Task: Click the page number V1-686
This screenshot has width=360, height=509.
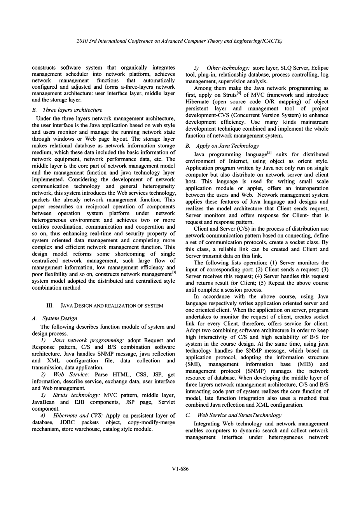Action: click(x=180, y=469)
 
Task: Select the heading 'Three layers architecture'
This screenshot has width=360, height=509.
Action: click(x=70, y=110)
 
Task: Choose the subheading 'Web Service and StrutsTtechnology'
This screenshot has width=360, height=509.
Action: click(x=239, y=415)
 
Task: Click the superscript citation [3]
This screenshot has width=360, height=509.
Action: click(x=174, y=273)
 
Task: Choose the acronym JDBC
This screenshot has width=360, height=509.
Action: click(x=69, y=423)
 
